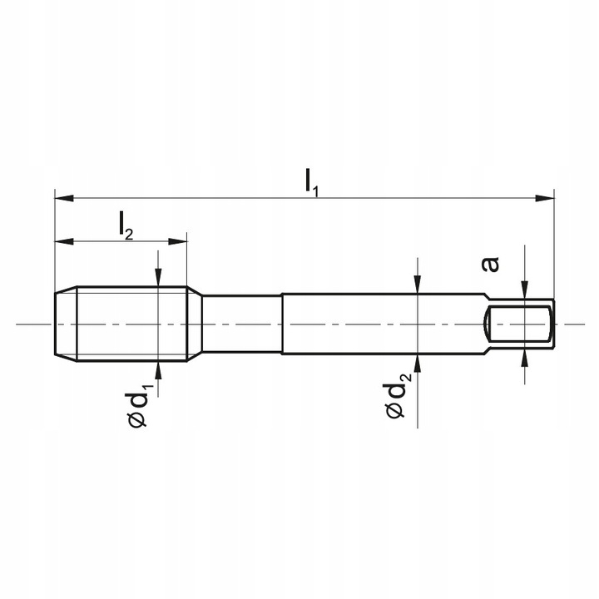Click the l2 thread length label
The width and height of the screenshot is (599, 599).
pyautogui.click(x=125, y=225)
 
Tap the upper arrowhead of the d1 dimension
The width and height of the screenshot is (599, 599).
pyautogui.click(x=158, y=280)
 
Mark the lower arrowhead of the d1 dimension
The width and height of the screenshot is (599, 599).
pyautogui.click(x=158, y=368)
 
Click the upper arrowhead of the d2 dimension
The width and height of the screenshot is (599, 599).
pyautogui.click(x=418, y=285)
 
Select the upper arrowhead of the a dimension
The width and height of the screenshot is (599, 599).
pyautogui.click(x=525, y=290)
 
